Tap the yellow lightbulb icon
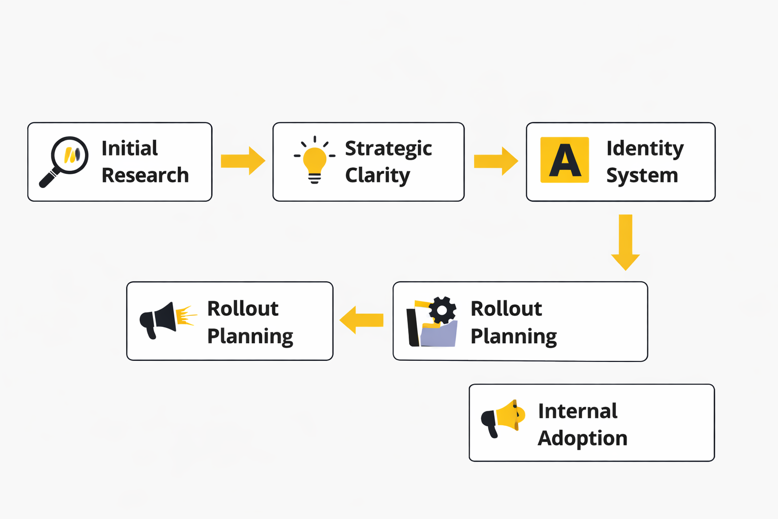[315, 160]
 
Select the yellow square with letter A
[564, 160]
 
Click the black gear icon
[442, 310]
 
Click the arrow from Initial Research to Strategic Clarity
[243, 161]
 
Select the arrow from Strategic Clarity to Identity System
[495, 161]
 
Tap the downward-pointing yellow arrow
[625, 242]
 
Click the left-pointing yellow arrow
[361, 320]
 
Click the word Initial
[130, 149]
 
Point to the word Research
[145, 175]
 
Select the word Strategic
[388, 149]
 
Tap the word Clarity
[377, 176]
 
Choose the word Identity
[645, 149]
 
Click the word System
[642, 176]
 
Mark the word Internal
[577, 411]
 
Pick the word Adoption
[582, 438]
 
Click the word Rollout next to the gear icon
[506, 309]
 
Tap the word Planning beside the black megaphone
[250, 337]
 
